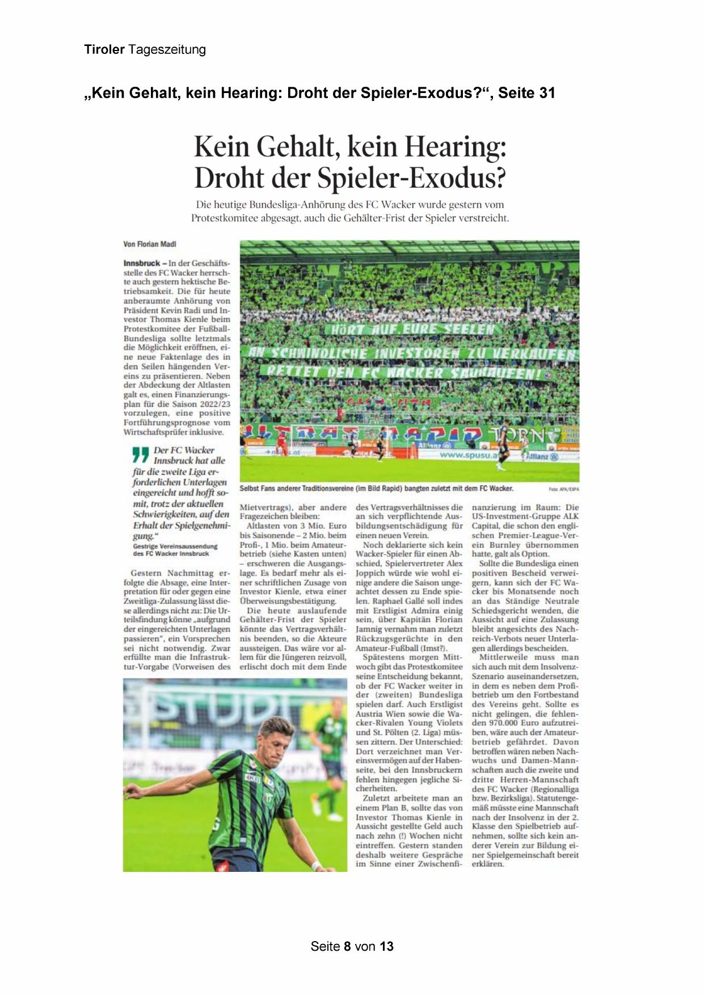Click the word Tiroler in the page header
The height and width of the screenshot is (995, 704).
tap(104, 49)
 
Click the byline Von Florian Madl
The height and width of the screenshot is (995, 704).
tap(150, 244)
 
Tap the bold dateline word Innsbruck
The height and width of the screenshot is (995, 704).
tap(141, 263)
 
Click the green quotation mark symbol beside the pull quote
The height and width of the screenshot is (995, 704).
tap(140, 455)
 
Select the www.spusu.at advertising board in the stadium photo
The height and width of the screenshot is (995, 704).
tap(468, 455)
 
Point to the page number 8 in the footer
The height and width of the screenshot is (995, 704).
tap(347, 946)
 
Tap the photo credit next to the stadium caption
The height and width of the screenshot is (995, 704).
tap(564, 489)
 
